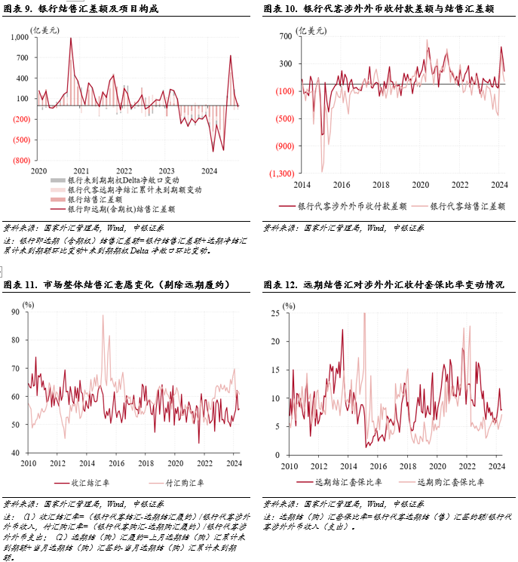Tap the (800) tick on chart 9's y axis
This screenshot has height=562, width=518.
22,161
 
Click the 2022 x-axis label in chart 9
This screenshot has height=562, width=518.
124,171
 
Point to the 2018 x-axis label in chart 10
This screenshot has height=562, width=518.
382,185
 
